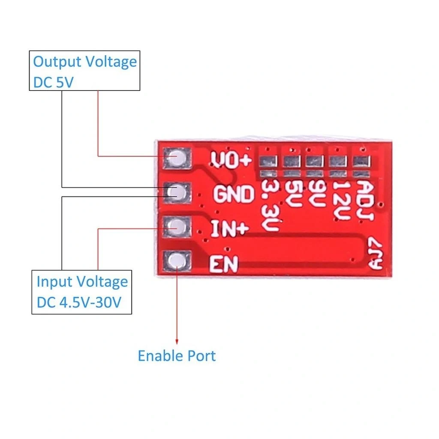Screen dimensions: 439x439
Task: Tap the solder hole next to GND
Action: click(176, 192)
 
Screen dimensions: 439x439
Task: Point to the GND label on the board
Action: click(234, 194)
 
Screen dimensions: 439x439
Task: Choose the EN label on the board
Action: click(223, 264)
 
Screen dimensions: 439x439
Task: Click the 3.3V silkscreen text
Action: click(271, 206)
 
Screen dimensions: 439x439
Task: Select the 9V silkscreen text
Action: click(317, 195)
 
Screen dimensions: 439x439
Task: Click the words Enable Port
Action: click(177, 356)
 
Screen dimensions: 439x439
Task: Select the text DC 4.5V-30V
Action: click(78, 302)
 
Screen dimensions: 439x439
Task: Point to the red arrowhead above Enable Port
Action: click(177, 341)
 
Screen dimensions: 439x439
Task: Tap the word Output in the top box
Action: click(57, 62)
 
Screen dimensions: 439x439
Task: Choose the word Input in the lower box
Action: click(54, 282)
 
